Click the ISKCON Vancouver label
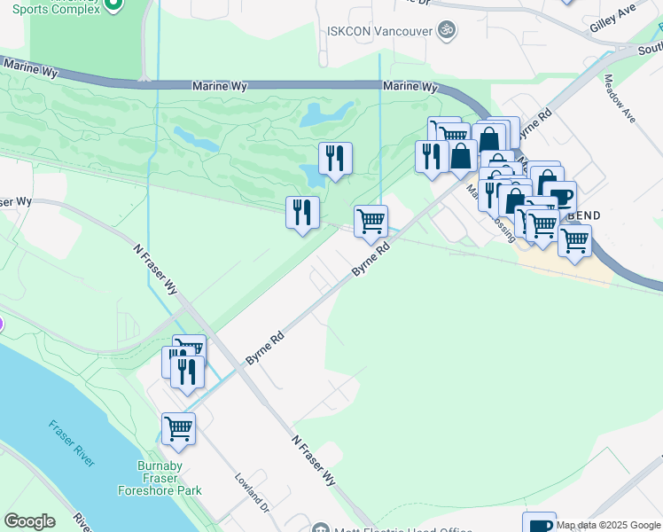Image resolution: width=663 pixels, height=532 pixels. (379, 30)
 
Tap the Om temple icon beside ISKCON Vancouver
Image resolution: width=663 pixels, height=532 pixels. (447, 30)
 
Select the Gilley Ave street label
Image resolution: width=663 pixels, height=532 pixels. (613, 21)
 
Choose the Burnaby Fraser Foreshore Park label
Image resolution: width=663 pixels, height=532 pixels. (160, 478)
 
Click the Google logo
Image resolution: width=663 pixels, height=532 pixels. (29, 521)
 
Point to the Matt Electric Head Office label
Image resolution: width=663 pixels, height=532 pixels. (390, 530)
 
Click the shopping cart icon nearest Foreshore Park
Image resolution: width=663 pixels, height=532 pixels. (178, 428)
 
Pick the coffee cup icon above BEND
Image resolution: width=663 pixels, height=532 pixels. (559, 197)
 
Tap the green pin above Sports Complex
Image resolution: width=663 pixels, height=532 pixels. (112, 4)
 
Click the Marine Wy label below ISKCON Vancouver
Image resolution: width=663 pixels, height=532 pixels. (411, 87)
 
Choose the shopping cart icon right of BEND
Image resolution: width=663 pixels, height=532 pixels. (575, 239)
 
